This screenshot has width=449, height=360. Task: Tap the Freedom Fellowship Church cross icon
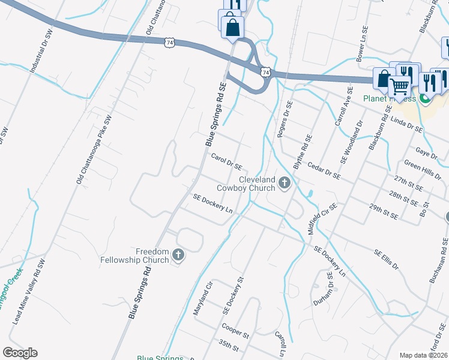click(x=178, y=256)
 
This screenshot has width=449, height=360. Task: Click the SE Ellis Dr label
click(x=386, y=259)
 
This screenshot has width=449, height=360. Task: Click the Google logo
click(x=20, y=353)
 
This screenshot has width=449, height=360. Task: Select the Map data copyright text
click(x=423, y=355)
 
